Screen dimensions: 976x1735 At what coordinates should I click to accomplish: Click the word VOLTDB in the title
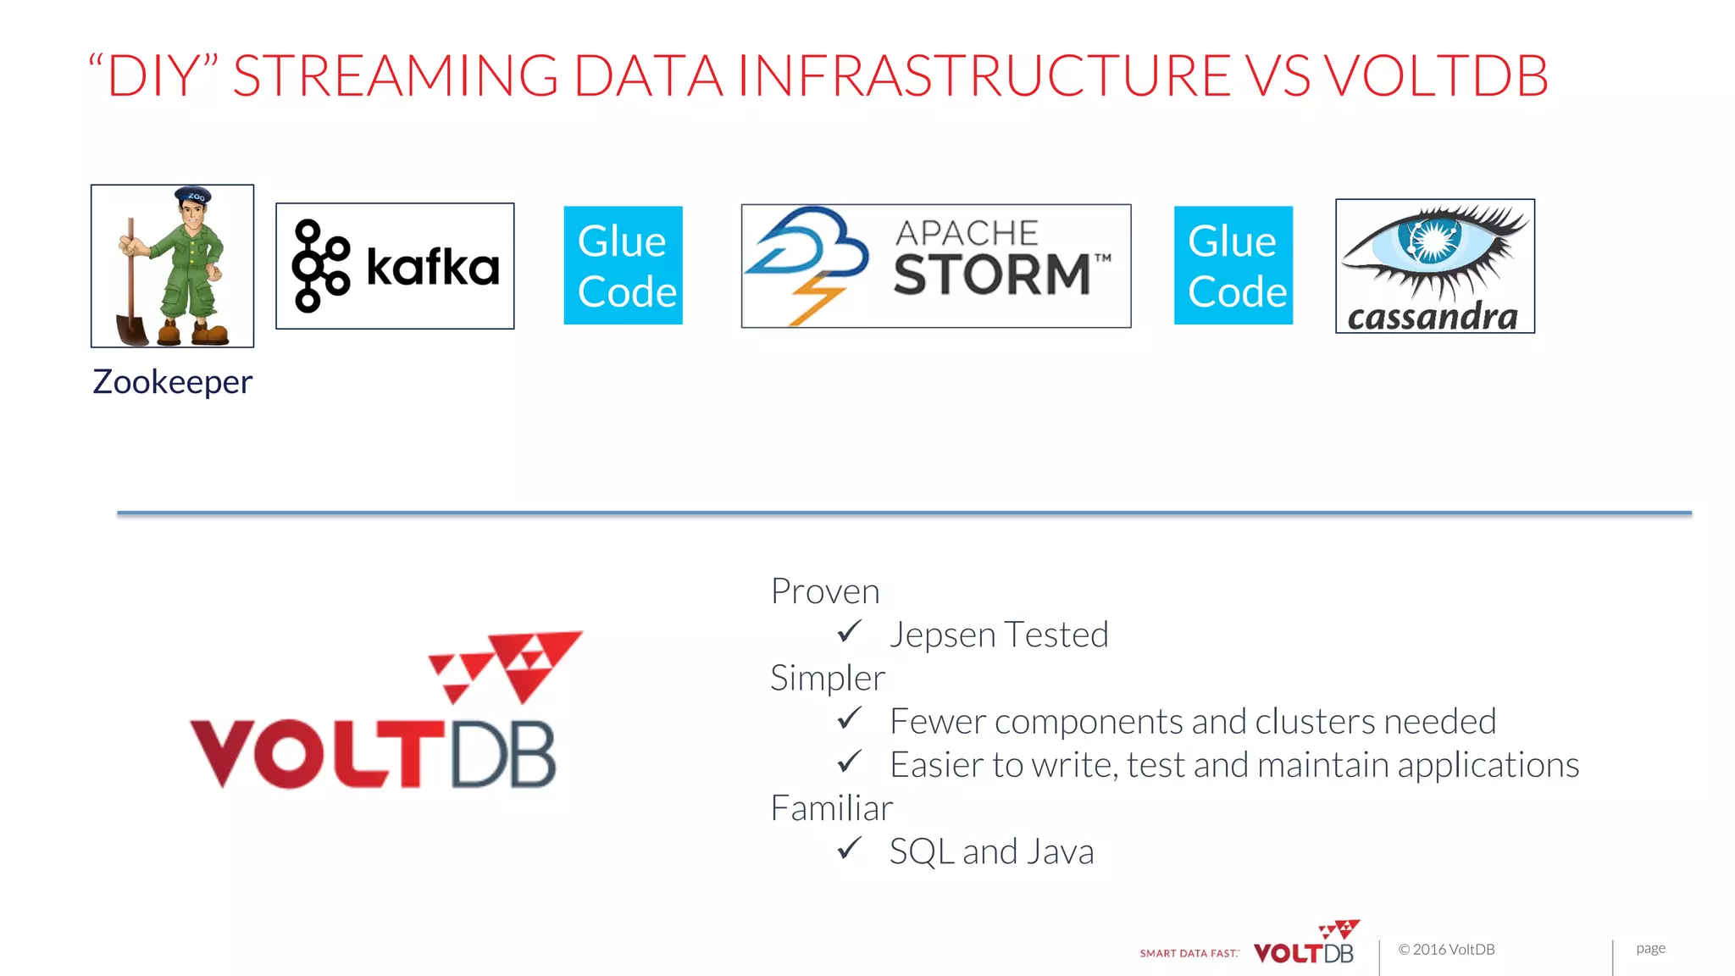1436,76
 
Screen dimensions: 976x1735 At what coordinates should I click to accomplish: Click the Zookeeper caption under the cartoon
172,382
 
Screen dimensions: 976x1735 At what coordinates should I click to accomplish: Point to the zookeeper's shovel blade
133,329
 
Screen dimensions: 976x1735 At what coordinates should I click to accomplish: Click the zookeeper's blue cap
193,196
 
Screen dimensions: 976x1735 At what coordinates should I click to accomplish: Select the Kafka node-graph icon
319,266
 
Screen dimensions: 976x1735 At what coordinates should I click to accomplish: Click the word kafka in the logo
432,268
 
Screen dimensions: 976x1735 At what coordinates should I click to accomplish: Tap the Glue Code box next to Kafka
624,265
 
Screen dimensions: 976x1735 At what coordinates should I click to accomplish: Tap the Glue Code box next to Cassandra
1233,265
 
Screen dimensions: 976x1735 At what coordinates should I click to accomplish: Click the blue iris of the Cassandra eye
1433,241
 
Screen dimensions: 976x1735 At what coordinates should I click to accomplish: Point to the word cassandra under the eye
1433,318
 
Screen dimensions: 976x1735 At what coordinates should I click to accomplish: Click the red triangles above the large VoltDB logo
508,665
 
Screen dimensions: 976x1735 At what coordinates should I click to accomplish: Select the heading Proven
825,591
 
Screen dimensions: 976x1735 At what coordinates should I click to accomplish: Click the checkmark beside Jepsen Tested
849,632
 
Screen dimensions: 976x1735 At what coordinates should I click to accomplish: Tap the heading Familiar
831,808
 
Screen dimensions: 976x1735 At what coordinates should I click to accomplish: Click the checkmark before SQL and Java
849,849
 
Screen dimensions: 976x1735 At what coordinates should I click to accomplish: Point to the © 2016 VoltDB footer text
1446,950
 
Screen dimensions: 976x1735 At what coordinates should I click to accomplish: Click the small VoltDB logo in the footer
1305,945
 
